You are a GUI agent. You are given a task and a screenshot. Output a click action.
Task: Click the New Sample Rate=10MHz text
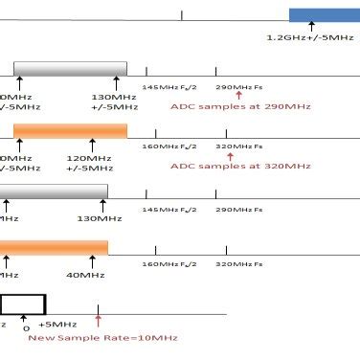click(102, 337)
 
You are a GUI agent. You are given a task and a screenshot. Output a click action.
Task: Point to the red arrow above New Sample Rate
click(98, 320)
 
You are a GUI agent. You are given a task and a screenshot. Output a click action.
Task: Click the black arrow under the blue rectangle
click(311, 28)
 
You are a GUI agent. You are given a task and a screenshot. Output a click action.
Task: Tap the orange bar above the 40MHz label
click(53, 247)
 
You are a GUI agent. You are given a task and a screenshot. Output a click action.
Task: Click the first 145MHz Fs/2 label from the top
click(164, 87)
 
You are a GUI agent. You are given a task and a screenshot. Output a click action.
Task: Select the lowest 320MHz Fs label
click(237, 263)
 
